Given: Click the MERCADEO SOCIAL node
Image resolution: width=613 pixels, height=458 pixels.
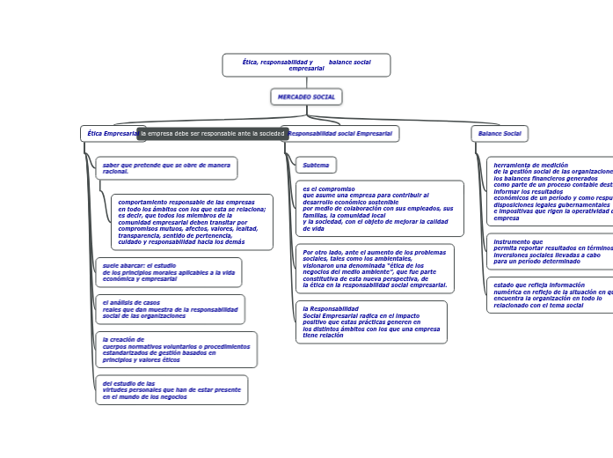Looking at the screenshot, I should [306, 97].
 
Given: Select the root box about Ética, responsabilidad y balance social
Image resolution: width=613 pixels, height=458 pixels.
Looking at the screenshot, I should [306, 65].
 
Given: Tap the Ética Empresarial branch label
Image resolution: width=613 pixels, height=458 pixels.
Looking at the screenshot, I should [109, 134].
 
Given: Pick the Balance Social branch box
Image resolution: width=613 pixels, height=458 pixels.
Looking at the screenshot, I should [500, 134].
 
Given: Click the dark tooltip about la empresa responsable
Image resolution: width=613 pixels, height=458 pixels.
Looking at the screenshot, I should [213, 134].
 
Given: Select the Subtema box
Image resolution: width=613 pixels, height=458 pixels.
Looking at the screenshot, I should [316, 165].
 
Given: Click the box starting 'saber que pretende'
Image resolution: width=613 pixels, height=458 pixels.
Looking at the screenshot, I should [166, 167].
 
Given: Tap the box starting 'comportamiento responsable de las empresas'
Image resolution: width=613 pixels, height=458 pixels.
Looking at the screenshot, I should [192, 221].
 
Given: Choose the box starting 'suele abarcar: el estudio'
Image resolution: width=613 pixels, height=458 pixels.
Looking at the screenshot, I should [168, 272].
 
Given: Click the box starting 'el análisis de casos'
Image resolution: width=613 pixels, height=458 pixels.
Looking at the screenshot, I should [170, 309].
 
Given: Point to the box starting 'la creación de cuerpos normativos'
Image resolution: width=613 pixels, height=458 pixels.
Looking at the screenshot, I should [176, 349].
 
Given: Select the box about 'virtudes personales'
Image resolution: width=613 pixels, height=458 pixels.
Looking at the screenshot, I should [171, 390].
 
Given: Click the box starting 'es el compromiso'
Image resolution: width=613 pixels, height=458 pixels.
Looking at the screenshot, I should [379, 209].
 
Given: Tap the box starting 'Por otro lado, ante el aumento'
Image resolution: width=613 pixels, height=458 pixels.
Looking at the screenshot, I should [375, 269].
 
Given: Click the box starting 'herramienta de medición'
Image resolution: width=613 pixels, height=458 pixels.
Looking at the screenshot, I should [551, 190].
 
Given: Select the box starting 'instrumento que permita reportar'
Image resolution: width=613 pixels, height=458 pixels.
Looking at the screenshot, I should [551, 251].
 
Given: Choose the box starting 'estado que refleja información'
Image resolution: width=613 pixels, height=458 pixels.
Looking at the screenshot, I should [551, 295].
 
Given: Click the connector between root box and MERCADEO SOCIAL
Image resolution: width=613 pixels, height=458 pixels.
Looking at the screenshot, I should [306, 83].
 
